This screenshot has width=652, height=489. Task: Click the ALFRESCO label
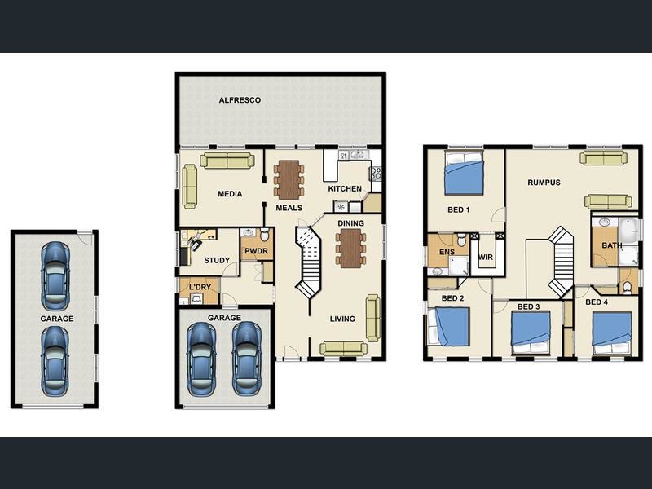[x=240, y=100]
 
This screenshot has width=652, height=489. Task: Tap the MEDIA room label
[x=230, y=194]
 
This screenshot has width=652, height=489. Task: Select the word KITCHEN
[x=345, y=189]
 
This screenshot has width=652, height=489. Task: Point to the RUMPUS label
[x=544, y=183]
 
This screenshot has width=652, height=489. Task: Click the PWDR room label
[x=256, y=251]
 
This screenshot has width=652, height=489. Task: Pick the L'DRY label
[x=200, y=287]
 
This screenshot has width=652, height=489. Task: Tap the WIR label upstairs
[x=486, y=257]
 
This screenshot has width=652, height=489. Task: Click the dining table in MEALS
[x=289, y=179]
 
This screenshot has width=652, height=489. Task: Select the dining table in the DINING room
[x=351, y=248]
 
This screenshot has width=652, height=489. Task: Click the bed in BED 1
[x=464, y=173]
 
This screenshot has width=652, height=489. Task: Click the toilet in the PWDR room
[x=264, y=236]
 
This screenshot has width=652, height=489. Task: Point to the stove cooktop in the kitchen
[x=376, y=174]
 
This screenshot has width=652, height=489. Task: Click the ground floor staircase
[x=308, y=262]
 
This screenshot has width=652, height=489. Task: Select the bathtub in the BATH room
[x=628, y=231]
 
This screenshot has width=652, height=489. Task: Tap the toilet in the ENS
[x=461, y=240]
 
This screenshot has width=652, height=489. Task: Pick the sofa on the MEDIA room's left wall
[x=190, y=186]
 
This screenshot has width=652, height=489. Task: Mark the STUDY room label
[x=217, y=261]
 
